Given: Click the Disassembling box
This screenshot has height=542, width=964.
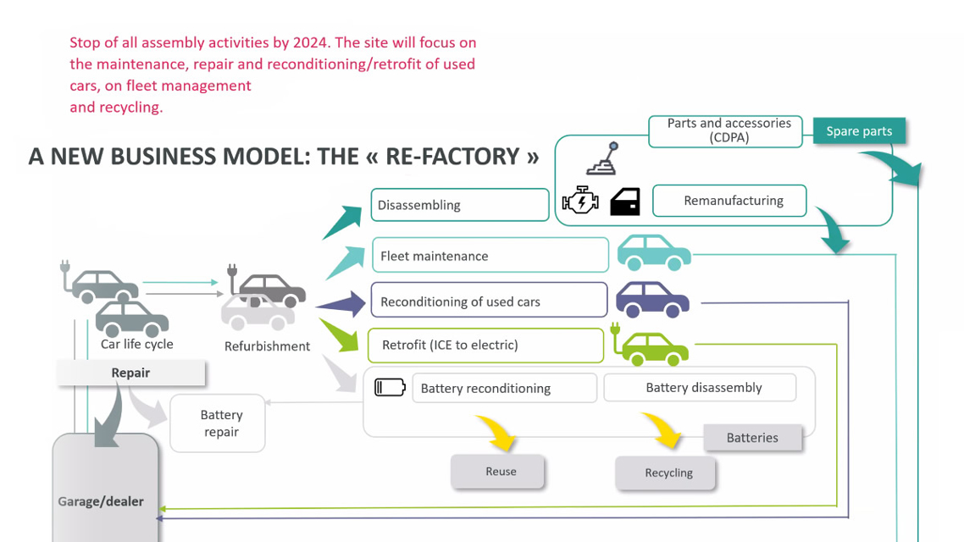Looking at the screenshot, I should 459,205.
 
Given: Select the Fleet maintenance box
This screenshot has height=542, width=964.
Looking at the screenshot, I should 490,256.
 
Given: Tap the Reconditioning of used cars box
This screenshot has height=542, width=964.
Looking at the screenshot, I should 489,301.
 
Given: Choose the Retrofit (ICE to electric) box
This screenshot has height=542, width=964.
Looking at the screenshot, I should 485,345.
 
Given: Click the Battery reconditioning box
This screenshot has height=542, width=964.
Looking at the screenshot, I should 504,388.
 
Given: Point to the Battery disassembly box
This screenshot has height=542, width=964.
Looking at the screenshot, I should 699,387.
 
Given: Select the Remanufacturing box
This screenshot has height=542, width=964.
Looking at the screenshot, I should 729,201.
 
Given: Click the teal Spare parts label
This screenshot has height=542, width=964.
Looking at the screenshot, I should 859,131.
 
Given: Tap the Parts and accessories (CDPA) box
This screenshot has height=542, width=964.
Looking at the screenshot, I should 725,130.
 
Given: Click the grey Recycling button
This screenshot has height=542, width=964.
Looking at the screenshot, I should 666,473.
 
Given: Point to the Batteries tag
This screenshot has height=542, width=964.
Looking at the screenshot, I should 752,438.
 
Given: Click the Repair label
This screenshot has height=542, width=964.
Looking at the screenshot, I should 130,373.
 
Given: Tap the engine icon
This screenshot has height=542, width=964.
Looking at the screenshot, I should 580,201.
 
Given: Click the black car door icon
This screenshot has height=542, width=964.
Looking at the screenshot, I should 625,201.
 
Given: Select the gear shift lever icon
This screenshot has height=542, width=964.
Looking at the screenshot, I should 604,159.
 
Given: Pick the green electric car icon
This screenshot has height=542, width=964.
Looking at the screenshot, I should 650,346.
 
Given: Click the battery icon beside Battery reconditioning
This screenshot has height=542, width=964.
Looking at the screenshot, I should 390,387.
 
